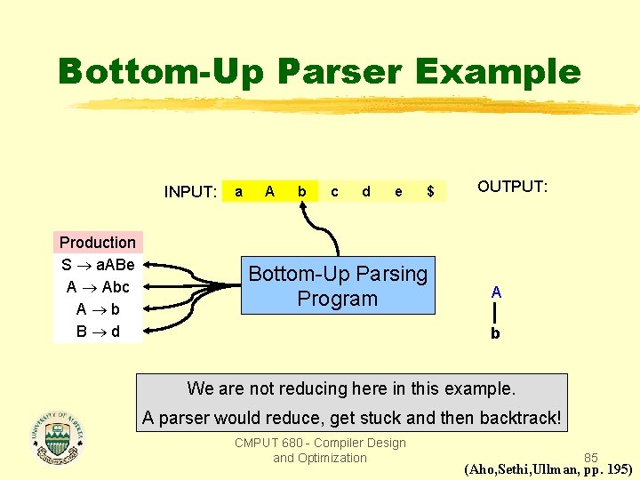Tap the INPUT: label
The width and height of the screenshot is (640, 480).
pyautogui.click(x=190, y=192)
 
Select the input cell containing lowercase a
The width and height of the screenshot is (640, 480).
pyautogui.click(x=237, y=191)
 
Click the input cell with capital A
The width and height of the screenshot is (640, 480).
pyautogui.click(x=269, y=191)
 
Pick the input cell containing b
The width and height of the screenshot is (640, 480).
pyautogui.click(x=302, y=191)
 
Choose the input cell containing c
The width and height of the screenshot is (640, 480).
pyautogui.click(x=334, y=191)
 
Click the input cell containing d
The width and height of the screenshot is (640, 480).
pyautogui.click(x=366, y=191)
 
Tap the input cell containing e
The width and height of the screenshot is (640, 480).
pyautogui.click(x=398, y=191)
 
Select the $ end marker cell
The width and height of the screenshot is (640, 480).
pyautogui.click(x=430, y=191)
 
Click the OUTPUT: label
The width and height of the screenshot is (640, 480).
pyautogui.click(x=513, y=187)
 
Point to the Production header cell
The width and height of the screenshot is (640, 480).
pyautogui.click(x=98, y=242)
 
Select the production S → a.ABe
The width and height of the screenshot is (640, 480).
pyautogui.click(x=98, y=265)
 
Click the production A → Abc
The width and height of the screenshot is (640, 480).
pyautogui.click(x=98, y=287)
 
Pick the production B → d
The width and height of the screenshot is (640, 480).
pyautogui.click(x=98, y=332)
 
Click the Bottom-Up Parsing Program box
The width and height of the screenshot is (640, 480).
pyautogui.click(x=338, y=286)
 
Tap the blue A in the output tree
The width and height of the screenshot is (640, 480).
pyautogui.click(x=496, y=292)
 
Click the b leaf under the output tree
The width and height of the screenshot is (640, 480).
pyautogui.click(x=496, y=334)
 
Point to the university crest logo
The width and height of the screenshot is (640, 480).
pyautogui.click(x=57, y=437)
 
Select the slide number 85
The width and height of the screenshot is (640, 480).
pyautogui.click(x=590, y=458)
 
